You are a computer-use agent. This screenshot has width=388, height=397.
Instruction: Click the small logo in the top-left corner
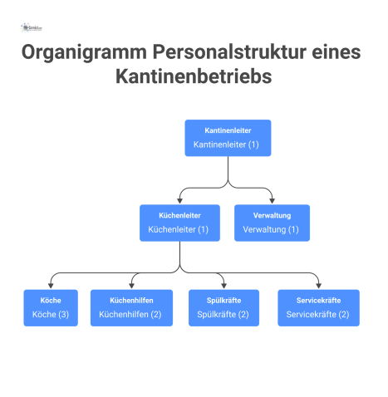[x=32, y=27]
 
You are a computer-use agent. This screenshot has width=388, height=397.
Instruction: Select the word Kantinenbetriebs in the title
[x=194, y=79]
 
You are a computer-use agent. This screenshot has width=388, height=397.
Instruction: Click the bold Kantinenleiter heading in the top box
[x=228, y=130]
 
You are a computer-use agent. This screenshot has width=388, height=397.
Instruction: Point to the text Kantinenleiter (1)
[x=227, y=145]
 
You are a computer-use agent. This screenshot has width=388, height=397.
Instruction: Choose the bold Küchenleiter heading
[x=179, y=214]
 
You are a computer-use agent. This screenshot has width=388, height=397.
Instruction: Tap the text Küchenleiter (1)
[x=179, y=229]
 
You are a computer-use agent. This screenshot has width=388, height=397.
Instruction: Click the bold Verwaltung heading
[x=272, y=214]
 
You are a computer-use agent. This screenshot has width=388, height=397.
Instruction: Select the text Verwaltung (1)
[x=272, y=229]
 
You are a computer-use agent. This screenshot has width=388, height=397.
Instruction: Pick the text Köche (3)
[x=50, y=314]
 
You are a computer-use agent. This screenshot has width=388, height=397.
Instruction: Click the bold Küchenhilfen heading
[x=131, y=299]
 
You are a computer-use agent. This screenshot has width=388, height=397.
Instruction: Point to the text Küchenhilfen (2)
[x=131, y=314]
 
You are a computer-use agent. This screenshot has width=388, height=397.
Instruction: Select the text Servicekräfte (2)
[x=317, y=314]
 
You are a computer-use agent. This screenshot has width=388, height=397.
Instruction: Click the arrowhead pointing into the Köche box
[x=51, y=285]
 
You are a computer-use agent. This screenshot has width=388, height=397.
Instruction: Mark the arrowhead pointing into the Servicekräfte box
[x=318, y=285]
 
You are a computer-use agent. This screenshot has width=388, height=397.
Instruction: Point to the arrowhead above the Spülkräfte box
[x=223, y=285]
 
